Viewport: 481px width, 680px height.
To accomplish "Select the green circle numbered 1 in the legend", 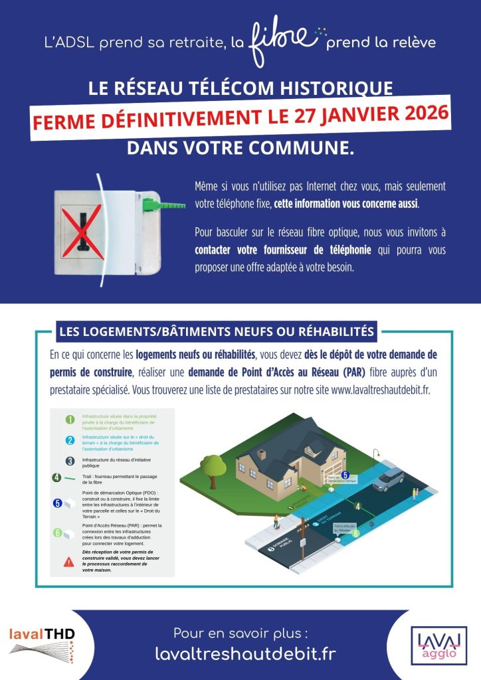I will [x=69, y=419].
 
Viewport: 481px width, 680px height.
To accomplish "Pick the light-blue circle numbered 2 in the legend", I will [x=69, y=440].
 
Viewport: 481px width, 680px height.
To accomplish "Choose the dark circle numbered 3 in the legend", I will [x=69, y=461].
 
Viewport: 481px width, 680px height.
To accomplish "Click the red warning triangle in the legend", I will [x=69, y=562].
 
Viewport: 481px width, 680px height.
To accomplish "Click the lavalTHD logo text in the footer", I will [x=41, y=634].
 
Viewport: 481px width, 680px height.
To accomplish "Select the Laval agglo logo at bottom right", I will [x=438, y=645].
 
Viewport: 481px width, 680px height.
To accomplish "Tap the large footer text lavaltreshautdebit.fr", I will [x=245, y=653].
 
